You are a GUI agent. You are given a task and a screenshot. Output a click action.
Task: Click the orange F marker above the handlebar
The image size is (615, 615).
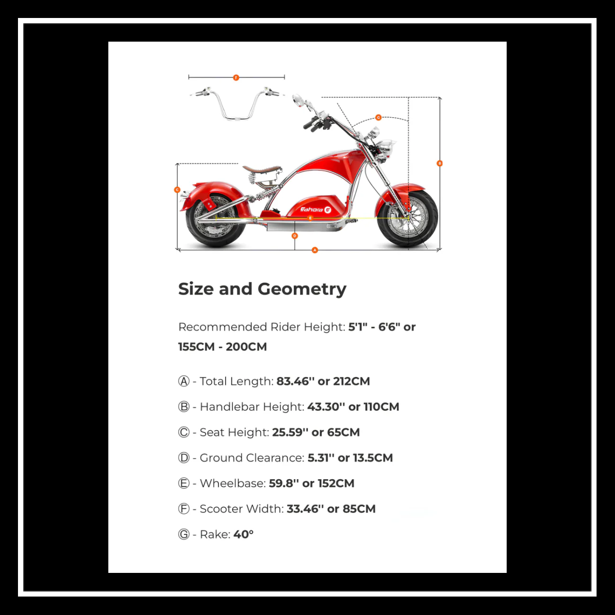(236, 77)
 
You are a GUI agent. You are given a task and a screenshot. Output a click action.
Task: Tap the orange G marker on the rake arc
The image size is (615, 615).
(378, 117)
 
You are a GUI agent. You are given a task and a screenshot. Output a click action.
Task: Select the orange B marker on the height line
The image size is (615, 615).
(439, 163)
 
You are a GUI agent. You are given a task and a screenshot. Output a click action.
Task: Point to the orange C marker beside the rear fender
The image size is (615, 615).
(177, 190)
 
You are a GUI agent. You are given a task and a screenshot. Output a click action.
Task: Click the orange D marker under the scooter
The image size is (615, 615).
(295, 236)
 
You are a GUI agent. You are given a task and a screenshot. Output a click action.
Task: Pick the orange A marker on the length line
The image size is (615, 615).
(315, 250)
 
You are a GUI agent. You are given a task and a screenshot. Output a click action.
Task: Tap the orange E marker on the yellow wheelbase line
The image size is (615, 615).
(310, 218)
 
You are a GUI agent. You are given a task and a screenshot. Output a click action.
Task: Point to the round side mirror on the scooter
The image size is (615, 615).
(298, 100)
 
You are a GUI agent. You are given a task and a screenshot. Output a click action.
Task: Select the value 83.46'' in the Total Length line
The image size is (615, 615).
(295, 381)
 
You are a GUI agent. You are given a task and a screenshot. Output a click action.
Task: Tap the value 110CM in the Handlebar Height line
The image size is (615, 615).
(381, 407)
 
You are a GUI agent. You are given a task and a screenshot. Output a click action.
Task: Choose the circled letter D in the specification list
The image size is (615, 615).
(184, 458)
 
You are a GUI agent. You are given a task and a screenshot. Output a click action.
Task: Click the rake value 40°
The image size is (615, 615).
(243, 535)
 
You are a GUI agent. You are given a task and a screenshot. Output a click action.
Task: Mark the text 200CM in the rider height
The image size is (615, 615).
(246, 347)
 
